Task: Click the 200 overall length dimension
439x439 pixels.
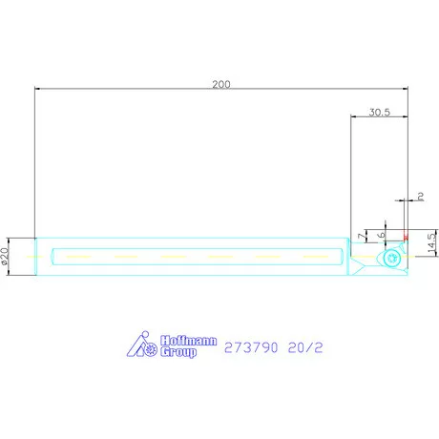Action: pyautogui.click(x=221, y=84)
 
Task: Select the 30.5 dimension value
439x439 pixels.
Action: pyautogui.click(x=379, y=112)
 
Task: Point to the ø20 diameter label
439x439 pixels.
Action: pyautogui.click(x=5, y=257)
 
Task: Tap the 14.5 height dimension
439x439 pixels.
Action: pyautogui.click(x=431, y=243)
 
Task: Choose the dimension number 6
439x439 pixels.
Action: pyautogui.click(x=381, y=234)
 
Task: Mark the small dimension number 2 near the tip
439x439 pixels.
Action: pyautogui.click(x=420, y=197)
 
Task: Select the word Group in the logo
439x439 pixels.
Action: pyautogui.click(x=179, y=352)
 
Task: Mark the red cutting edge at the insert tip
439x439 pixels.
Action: pyautogui.click(x=406, y=237)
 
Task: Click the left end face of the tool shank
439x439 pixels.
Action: pyautogui.click(x=35, y=257)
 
